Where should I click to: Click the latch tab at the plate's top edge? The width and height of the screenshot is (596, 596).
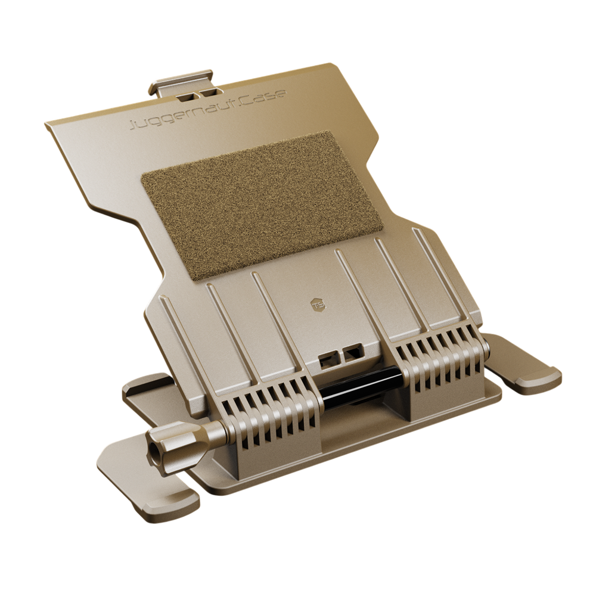pos(182,84)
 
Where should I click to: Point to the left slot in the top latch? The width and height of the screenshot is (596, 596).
pos(187,95)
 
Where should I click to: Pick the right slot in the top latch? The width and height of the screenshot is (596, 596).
pos(207,93)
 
